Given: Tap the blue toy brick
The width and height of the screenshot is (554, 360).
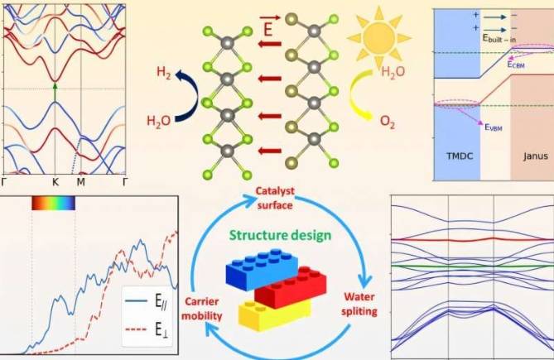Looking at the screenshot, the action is (x=262, y=270).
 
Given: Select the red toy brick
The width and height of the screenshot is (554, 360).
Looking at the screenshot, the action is (x=291, y=287).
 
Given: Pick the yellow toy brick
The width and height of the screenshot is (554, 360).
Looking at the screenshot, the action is (x=275, y=315).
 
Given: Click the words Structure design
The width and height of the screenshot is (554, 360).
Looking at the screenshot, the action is (x=281, y=235).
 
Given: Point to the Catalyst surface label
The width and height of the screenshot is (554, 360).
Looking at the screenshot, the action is (x=275, y=199).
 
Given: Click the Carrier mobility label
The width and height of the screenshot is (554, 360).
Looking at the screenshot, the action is (x=201, y=309).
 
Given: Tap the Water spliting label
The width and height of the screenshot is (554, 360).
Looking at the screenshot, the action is (x=359, y=304).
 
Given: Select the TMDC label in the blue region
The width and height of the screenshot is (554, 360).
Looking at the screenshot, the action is (x=460, y=156).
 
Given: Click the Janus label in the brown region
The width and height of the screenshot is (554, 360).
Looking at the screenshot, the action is (x=536, y=156).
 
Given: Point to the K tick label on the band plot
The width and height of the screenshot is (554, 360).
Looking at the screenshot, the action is (x=55, y=182).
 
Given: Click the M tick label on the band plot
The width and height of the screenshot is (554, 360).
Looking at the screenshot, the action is (x=81, y=182).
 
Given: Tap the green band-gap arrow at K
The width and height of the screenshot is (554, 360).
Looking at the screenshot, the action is (x=55, y=93).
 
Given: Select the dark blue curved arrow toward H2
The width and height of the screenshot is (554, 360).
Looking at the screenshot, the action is (x=187, y=96).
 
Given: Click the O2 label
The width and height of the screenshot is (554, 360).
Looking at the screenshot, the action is (x=388, y=122).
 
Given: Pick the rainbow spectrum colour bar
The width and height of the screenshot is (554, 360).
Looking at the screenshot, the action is (x=53, y=203).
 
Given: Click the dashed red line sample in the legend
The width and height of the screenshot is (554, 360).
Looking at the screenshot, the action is (x=136, y=329).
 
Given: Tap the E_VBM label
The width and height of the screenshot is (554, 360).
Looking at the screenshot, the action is (x=494, y=127).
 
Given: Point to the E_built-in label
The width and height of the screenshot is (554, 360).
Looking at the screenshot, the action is (x=499, y=38).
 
